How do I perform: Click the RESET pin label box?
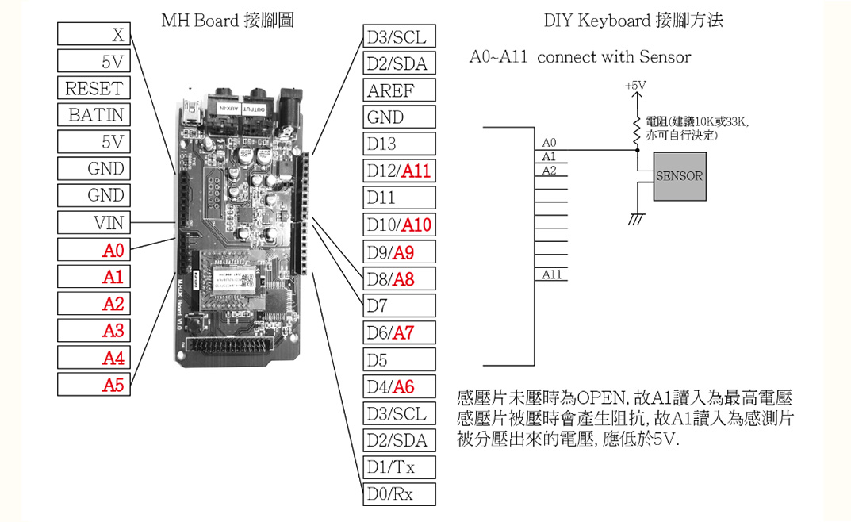point(94,88)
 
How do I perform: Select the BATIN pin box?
point(94,115)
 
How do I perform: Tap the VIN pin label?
point(94,223)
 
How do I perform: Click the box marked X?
point(94,34)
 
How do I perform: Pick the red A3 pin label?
point(94,331)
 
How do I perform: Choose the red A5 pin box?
point(94,385)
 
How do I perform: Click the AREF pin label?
point(400,90)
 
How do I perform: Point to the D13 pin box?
point(400,144)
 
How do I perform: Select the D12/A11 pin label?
point(400,171)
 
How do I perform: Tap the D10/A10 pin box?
point(400,225)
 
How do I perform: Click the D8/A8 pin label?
point(400,279)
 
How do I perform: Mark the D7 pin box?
point(400,306)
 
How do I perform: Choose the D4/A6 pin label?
point(400,387)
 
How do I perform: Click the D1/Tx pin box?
point(400,468)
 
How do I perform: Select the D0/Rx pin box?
point(400,494)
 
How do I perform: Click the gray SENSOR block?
point(680,176)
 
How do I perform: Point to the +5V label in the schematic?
point(635,85)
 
